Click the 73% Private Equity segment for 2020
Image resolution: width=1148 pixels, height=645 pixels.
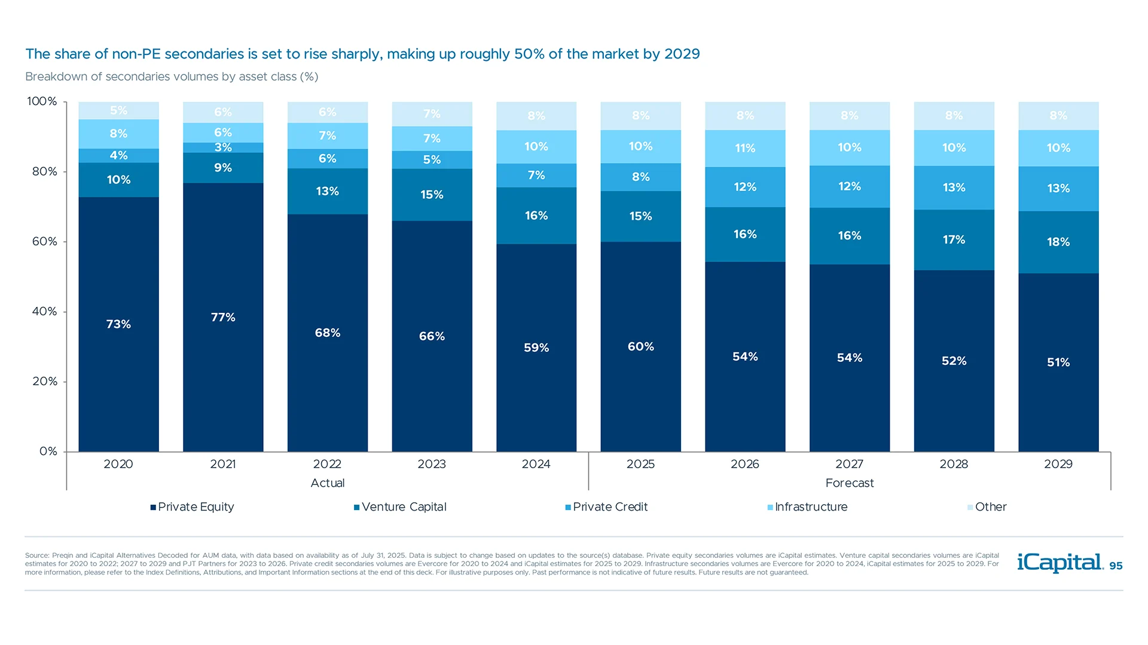click(x=118, y=324)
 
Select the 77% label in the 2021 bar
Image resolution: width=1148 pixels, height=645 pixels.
click(x=223, y=317)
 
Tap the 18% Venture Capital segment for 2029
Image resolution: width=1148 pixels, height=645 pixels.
click(x=1058, y=242)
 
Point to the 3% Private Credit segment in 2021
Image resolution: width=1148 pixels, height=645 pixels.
click(x=223, y=148)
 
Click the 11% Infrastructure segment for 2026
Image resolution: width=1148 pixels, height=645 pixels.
click(x=745, y=148)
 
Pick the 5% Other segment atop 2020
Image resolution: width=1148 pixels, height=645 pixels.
click(x=118, y=110)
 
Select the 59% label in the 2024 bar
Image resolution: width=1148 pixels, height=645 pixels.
click(x=536, y=348)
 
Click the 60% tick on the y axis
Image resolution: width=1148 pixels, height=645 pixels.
click(x=45, y=241)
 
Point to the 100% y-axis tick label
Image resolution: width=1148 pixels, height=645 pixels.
click(x=42, y=102)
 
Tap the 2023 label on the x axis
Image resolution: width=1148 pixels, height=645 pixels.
click(x=432, y=464)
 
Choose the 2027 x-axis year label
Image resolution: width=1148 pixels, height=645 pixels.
click(x=849, y=464)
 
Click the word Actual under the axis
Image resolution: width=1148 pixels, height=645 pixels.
click(x=328, y=483)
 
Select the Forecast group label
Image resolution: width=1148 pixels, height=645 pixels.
click(x=849, y=483)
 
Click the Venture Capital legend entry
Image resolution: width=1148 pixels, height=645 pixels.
click(x=404, y=507)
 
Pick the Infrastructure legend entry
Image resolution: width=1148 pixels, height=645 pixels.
click(x=811, y=507)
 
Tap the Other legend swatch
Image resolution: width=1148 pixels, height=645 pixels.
click(x=970, y=508)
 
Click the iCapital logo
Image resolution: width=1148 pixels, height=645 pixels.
click(x=1060, y=563)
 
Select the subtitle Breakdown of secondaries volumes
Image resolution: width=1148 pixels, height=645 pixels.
click(x=171, y=77)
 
